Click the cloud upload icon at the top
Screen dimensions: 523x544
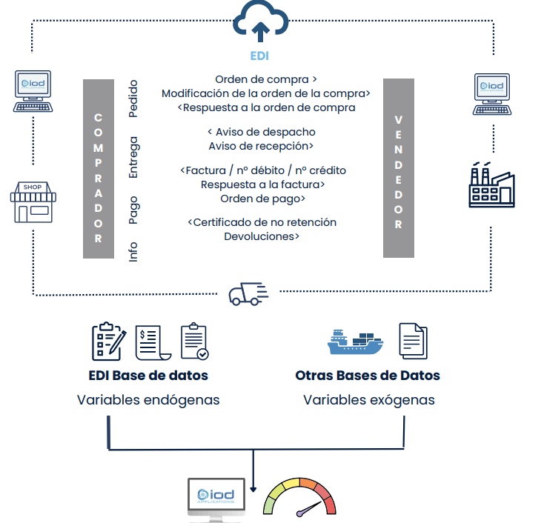tap(259, 22)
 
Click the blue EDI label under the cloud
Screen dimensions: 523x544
tap(259, 56)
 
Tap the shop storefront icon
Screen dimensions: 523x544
tap(33, 202)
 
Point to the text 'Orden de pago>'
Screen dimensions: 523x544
tap(263, 199)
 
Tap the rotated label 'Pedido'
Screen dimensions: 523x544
tap(133, 99)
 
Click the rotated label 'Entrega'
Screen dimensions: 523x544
tap(133, 156)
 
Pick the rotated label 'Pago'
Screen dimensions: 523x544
tap(133, 210)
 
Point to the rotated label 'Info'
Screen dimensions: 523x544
tap(133, 251)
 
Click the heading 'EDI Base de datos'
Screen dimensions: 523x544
tap(148, 376)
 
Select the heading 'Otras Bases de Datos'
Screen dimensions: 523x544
tap(368, 376)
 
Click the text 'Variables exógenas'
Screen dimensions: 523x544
tap(368, 400)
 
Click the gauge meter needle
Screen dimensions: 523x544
tap(310, 509)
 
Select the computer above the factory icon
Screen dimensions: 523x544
tap(491, 93)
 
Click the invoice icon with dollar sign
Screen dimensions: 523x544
tap(153, 342)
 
